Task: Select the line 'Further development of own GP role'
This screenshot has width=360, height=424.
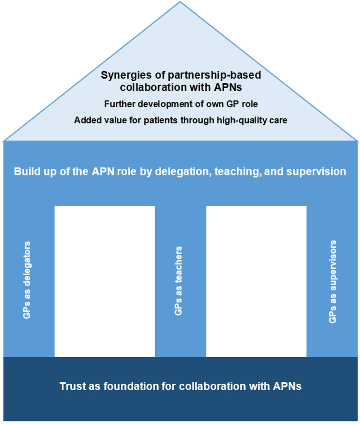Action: (180, 104)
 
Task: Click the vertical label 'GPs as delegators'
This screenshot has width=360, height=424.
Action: (26, 280)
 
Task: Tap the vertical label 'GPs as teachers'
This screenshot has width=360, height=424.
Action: (179, 280)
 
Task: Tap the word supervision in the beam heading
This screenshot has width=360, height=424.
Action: (316, 172)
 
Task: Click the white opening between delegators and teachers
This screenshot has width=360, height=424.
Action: (104, 281)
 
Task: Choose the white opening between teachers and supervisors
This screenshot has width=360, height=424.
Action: (256, 281)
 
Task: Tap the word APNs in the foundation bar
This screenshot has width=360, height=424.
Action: (287, 386)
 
